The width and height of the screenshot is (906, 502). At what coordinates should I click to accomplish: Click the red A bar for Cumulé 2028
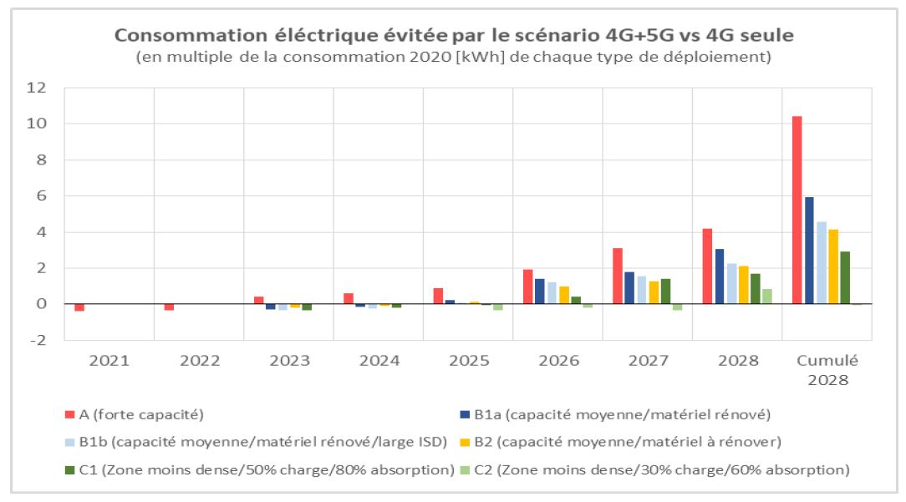coord(797,210)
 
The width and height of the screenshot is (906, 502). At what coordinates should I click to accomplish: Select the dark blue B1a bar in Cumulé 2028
coord(809,251)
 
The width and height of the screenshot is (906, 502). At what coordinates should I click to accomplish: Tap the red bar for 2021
coord(79,307)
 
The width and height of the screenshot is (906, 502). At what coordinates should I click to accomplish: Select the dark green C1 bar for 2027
coord(665,292)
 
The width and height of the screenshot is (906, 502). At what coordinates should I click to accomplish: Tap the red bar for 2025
coord(438,296)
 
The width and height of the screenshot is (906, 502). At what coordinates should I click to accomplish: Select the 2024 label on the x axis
coord(379,361)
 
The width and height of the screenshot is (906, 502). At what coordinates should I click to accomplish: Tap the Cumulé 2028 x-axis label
coord(827,369)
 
